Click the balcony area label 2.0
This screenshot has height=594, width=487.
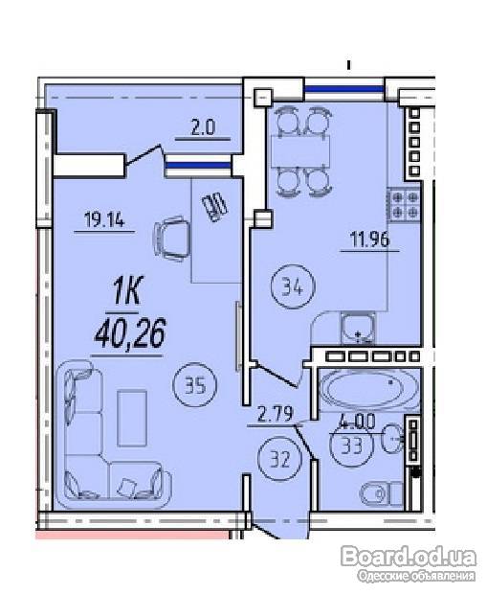(203, 128)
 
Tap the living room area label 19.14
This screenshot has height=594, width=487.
(104, 219)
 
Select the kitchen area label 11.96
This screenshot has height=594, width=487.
(369, 240)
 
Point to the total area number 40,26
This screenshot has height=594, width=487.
(130, 333)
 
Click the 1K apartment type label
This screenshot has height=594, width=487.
(127, 291)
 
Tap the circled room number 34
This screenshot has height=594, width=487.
(294, 286)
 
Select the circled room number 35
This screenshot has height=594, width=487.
(195, 385)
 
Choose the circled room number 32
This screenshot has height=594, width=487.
(280, 459)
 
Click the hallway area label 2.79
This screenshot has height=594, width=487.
(275, 414)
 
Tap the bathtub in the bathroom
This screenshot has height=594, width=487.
(369, 389)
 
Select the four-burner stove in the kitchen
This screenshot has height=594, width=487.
(405, 205)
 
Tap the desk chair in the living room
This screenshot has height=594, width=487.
(170, 239)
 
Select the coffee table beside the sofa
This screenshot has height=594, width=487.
(132, 419)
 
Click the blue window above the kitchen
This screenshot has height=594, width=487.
(344, 89)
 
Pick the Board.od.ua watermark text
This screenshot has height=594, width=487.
(409, 557)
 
